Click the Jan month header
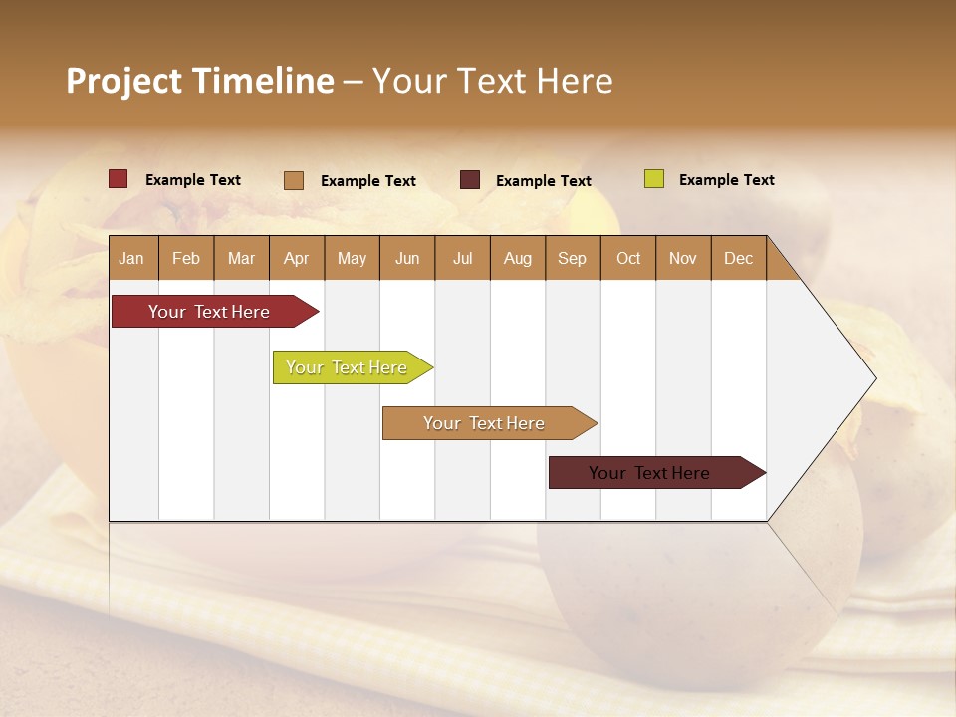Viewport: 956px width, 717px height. (x=132, y=258)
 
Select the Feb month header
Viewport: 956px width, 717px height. (x=186, y=258)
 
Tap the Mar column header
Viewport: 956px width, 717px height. (x=241, y=258)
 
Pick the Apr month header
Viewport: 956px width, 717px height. (x=297, y=258)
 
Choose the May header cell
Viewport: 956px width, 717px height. (x=352, y=258)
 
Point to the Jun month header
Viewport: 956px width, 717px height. (x=407, y=258)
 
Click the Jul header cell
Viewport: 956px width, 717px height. (x=462, y=258)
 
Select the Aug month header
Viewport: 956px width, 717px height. (x=518, y=258)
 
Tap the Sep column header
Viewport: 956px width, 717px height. (x=573, y=258)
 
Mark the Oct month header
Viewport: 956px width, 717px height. (x=628, y=258)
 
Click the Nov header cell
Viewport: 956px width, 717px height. (x=683, y=258)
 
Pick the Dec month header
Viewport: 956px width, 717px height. (x=739, y=258)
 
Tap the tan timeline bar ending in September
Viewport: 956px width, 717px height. (x=485, y=423)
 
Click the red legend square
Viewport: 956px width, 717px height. (x=119, y=179)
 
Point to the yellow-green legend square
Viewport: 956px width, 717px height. (x=654, y=179)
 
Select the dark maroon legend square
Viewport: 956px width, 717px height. (x=470, y=180)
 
